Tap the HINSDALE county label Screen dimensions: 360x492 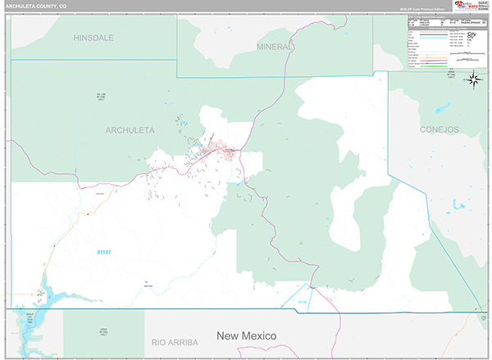[93, 38]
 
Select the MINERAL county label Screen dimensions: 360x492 [273, 47]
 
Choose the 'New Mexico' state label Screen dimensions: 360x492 [246, 336]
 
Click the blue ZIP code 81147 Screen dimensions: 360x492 [105, 252]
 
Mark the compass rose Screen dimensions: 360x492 [473, 80]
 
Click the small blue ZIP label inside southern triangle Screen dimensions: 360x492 [302, 302]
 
